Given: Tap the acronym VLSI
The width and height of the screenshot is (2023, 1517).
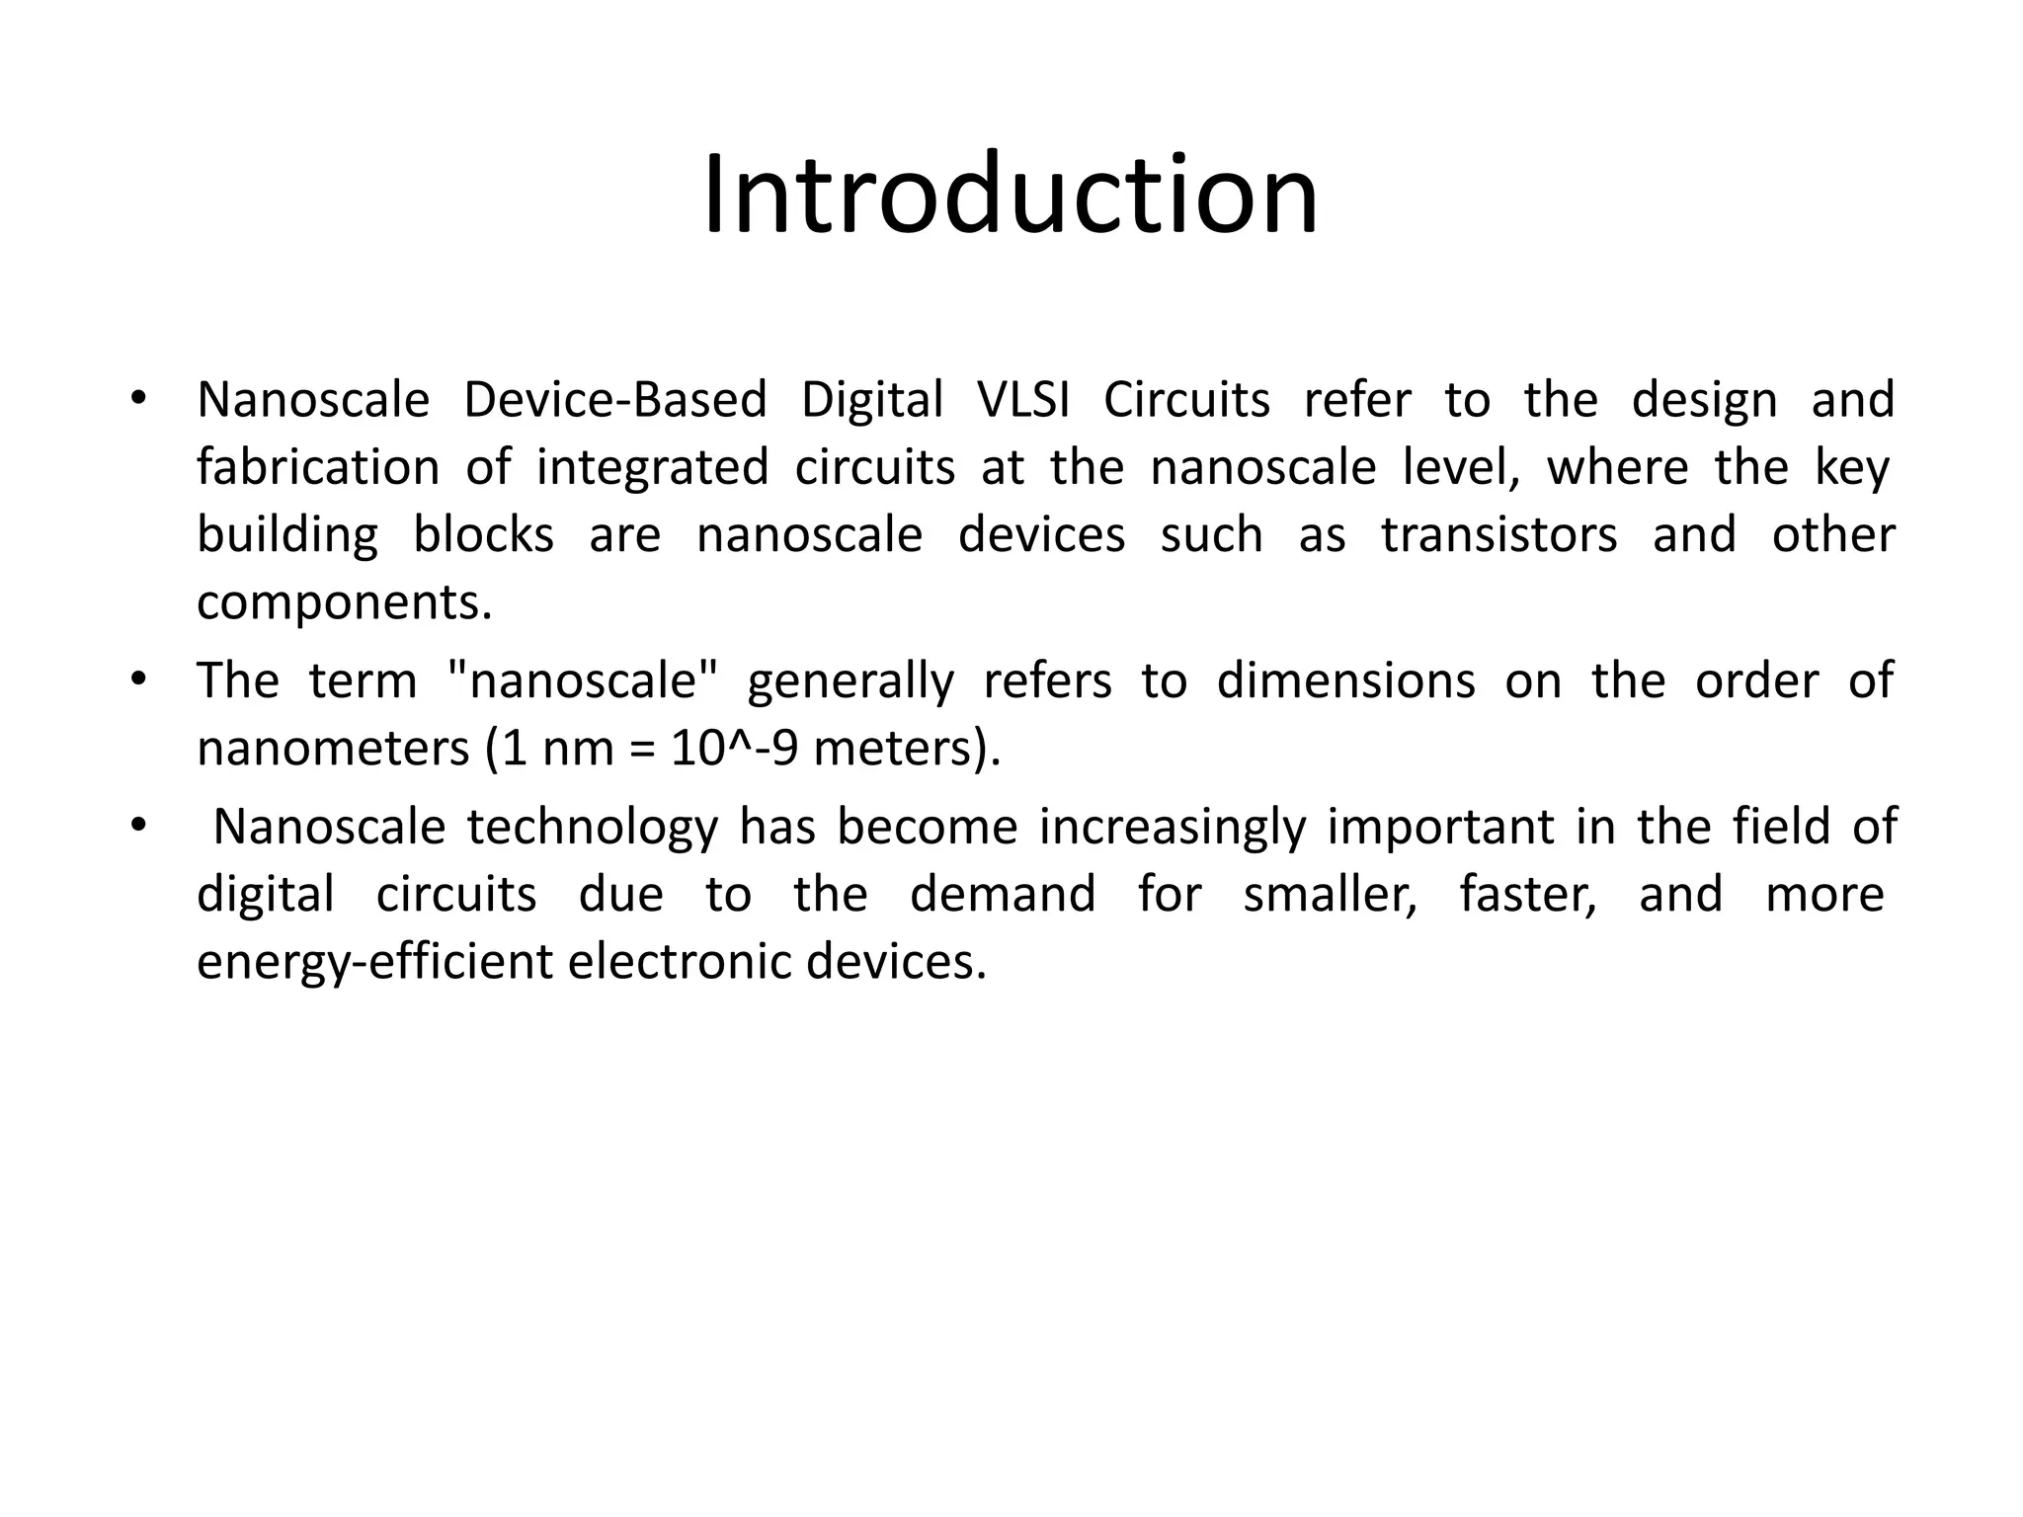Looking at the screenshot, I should [x=1023, y=400].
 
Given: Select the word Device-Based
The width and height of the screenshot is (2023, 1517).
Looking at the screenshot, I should [x=615, y=400].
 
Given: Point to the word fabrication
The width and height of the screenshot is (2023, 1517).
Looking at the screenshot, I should [x=318, y=467].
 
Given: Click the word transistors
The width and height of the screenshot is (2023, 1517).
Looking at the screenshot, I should [x=1498, y=535].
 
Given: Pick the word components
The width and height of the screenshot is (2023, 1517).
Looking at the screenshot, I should [x=344, y=602].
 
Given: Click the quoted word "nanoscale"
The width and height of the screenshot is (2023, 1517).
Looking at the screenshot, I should [x=584, y=680].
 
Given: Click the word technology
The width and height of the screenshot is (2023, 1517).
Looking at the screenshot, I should [x=593, y=827].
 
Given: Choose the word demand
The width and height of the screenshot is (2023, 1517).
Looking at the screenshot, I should [x=1003, y=894].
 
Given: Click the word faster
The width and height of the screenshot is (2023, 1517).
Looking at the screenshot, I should [x=1528, y=894].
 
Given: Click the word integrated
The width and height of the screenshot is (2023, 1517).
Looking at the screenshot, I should [x=652, y=467].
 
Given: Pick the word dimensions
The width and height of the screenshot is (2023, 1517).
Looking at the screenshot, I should [x=1345, y=680].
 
